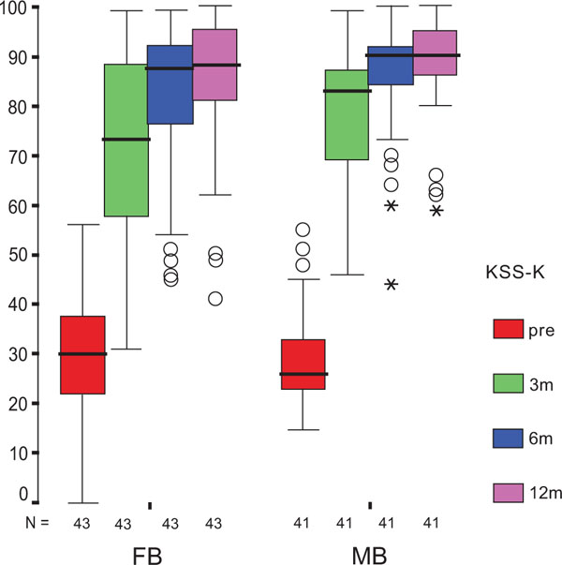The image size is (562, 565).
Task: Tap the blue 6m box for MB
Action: (392, 66)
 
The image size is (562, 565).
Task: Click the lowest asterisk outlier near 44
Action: (392, 284)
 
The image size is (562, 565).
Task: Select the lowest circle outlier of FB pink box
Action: (215, 299)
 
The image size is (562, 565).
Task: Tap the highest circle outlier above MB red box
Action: (303, 230)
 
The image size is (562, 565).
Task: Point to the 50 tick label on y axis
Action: (16, 255)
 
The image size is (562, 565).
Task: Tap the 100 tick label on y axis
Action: (14, 7)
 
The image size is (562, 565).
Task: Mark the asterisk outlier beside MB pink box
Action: (436, 211)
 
